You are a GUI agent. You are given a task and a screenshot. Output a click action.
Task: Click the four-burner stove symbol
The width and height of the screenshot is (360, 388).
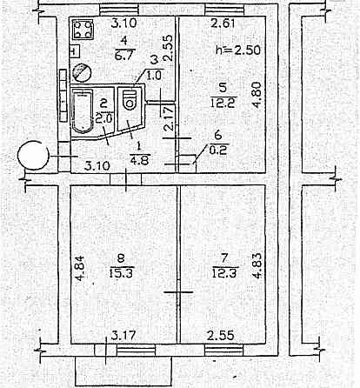click(x=83, y=30)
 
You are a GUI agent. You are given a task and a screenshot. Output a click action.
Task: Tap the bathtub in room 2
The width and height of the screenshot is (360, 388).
click(x=83, y=111)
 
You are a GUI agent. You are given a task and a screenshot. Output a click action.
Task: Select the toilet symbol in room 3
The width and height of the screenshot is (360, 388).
click(x=130, y=100)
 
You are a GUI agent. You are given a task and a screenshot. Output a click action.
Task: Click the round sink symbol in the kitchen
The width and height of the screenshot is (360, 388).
click(x=82, y=72)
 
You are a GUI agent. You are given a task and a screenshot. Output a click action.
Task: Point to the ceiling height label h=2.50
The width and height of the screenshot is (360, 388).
click(x=238, y=50)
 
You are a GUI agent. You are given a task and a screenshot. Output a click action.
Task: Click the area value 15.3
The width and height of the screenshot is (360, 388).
click(x=121, y=273)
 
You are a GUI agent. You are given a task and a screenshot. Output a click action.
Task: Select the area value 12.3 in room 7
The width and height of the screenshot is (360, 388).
click(x=224, y=273)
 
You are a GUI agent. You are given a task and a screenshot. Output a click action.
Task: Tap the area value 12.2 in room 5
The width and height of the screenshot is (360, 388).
click(x=223, y=103)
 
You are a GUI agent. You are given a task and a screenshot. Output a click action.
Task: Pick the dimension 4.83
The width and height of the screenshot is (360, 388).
click(x=257, y=266)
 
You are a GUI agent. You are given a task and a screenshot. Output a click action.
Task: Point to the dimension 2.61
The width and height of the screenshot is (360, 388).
click(x=223, y=23)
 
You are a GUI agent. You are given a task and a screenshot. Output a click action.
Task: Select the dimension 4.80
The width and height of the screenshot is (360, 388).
click(x=257, y=96)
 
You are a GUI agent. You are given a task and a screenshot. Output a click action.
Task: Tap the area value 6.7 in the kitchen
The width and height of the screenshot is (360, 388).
click(x=123, y=55)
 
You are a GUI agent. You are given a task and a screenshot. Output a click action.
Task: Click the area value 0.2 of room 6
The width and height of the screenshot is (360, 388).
click(x=218, y=151)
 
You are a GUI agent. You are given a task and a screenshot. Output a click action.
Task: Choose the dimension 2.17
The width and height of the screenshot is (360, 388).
click(x=170, y=118)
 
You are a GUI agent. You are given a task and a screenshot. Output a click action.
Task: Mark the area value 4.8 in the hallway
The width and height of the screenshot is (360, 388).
click(x=140, y=160)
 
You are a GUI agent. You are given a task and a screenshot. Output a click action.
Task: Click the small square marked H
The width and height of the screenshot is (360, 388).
click(x=74, y=52)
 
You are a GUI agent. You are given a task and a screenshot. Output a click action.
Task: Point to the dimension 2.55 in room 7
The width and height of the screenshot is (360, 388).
click(x=221, y=336)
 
